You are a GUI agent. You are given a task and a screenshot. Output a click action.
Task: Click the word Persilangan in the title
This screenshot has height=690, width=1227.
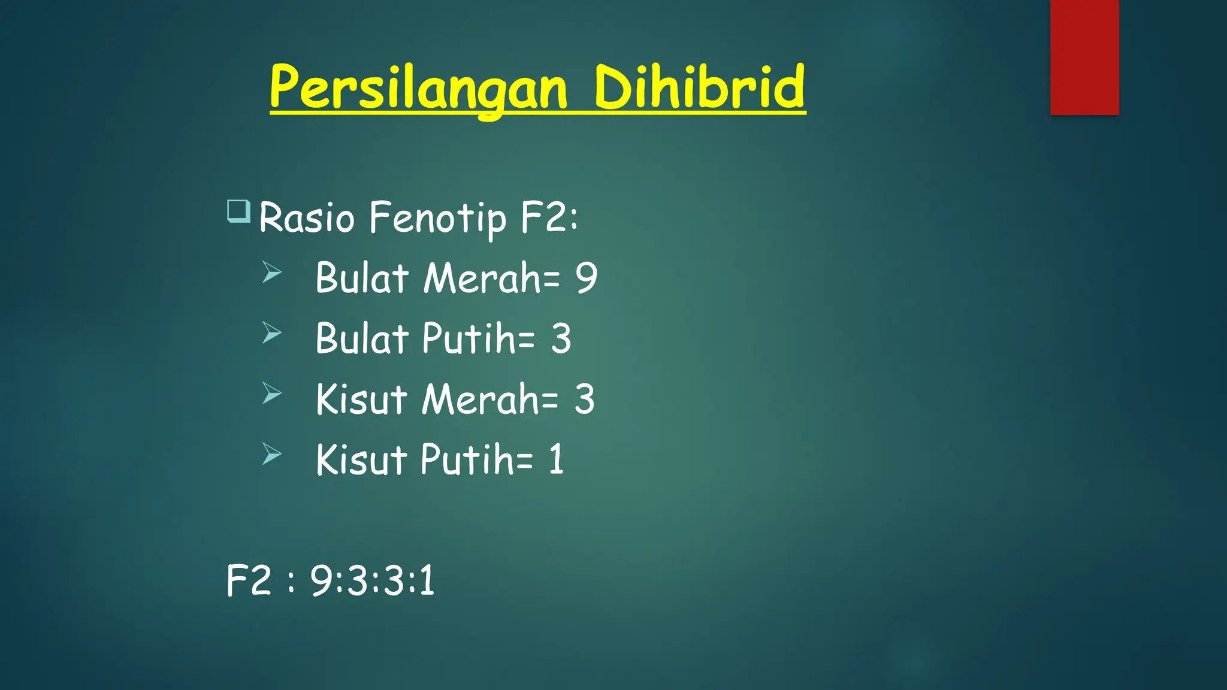(418, 88)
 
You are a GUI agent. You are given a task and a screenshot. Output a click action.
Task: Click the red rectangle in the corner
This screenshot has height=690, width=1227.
(1084, 57)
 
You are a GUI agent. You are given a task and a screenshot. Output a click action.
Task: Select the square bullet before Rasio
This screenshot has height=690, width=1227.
(238, 211)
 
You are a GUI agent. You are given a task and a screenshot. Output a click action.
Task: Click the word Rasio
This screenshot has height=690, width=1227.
(307, 217)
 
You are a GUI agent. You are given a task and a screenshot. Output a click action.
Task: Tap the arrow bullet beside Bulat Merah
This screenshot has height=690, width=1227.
(271, 273)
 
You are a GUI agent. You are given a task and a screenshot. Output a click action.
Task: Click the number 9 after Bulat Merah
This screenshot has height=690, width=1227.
(587, 278)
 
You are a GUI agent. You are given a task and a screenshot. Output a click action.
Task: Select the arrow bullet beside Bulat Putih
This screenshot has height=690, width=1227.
(271, 333)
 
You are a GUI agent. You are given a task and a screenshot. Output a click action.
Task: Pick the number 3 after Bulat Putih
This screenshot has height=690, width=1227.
(561, 338)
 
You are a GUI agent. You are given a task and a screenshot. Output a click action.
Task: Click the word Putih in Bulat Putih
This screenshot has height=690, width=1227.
(469, 338)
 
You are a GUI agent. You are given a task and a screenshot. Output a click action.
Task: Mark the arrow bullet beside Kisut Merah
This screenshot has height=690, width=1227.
(271, 394)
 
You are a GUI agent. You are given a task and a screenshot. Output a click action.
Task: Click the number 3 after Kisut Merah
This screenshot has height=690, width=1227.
(584, 400)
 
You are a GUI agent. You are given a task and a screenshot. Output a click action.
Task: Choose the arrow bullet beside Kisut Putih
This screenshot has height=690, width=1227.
(271, 454)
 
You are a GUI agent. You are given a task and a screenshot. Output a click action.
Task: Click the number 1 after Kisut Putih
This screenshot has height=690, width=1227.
(557, 460)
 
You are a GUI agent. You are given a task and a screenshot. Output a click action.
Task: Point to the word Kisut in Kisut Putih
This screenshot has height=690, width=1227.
(361, 460)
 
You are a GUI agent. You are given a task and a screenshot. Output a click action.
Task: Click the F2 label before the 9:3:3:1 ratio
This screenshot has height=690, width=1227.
(249, 580)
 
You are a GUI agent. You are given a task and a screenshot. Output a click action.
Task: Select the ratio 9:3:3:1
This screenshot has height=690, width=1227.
(372, 580)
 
